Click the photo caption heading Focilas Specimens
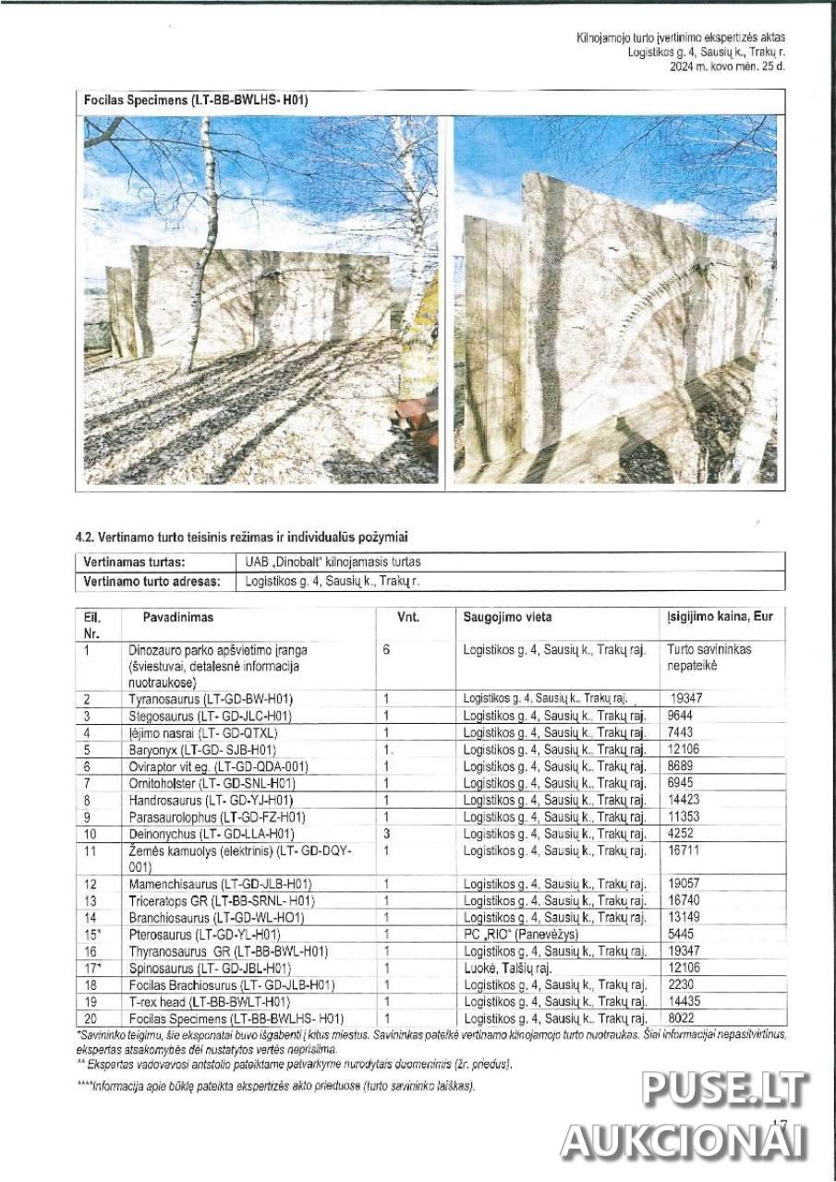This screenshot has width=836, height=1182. coord(195,101)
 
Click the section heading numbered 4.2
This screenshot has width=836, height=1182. coord(242,537)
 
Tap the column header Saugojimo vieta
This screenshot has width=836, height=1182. coord(507,617)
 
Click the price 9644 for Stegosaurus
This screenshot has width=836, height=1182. coord(681,716)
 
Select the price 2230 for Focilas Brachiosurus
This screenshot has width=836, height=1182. coord(680,985)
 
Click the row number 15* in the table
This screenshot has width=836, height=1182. coord(91,935)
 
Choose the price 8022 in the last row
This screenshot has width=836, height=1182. coord(680,1019)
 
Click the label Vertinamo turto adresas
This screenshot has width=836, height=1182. coord(151,582)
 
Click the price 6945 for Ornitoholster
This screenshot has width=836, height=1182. coord(680,783)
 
